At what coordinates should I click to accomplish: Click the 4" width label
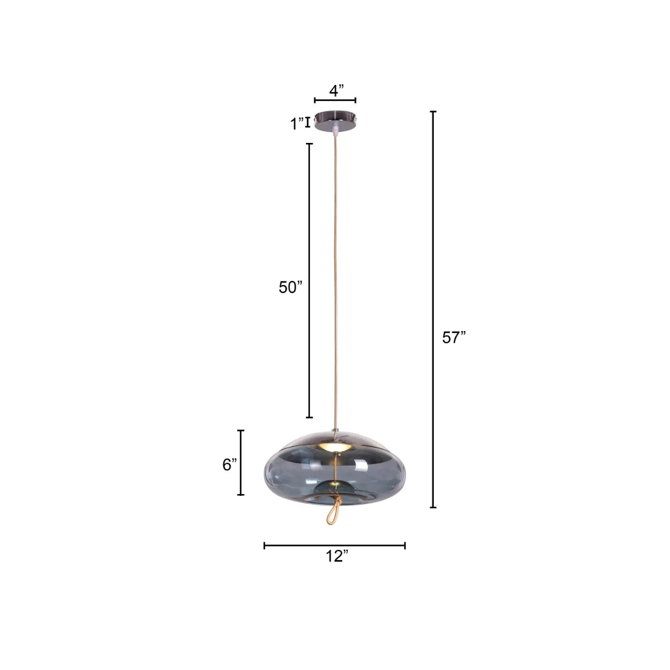[x=336, y=90]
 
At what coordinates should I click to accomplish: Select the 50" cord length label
[x=290, y=287]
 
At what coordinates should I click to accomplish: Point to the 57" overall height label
[x=453, y=338]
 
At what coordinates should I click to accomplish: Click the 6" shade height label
[x=229, y=464]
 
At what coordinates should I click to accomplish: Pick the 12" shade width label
[x=337, y=557]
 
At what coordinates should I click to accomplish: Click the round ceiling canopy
[x=335, y=121]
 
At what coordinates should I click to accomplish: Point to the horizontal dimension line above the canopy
[x=335, y=100]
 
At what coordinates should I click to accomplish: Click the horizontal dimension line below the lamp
[x=334, y=545]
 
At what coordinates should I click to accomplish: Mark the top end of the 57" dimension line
[x=433, y=112]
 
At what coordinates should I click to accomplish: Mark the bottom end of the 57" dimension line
[x=433, y=507]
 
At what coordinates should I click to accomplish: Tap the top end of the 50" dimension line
[x=309, y=144]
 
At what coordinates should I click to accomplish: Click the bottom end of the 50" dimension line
[x=309, y=417]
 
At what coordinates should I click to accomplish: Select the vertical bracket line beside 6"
[x=241, y=462]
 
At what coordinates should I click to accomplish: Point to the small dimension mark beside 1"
[x=308, y=122]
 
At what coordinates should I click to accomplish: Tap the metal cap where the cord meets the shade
[x=334, y=430]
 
